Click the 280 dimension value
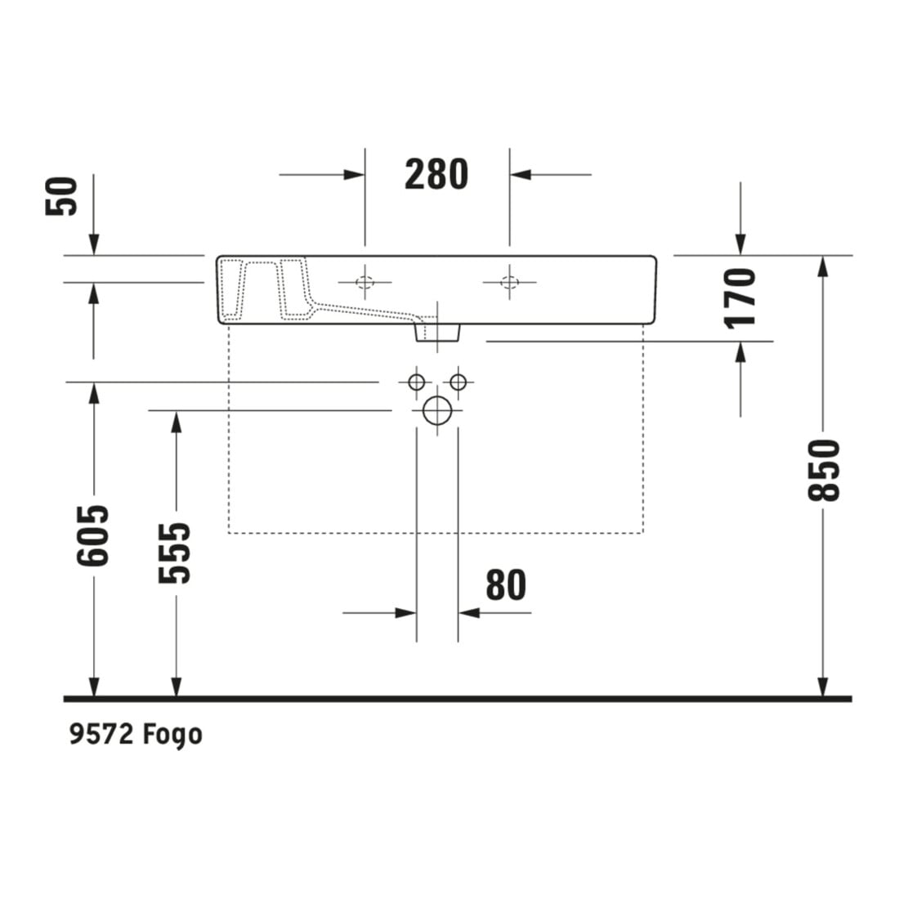click(436, 174)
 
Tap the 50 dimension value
click(61, 196)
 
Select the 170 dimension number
click(740, 298)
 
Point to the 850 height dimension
click(823, 470)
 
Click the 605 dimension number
click(93, 535)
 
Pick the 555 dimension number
click(174, 553)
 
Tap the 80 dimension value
click(506, 585)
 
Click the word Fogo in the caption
click(172, 735)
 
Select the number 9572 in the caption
click(101, 734)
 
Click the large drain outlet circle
click(437, 410)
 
